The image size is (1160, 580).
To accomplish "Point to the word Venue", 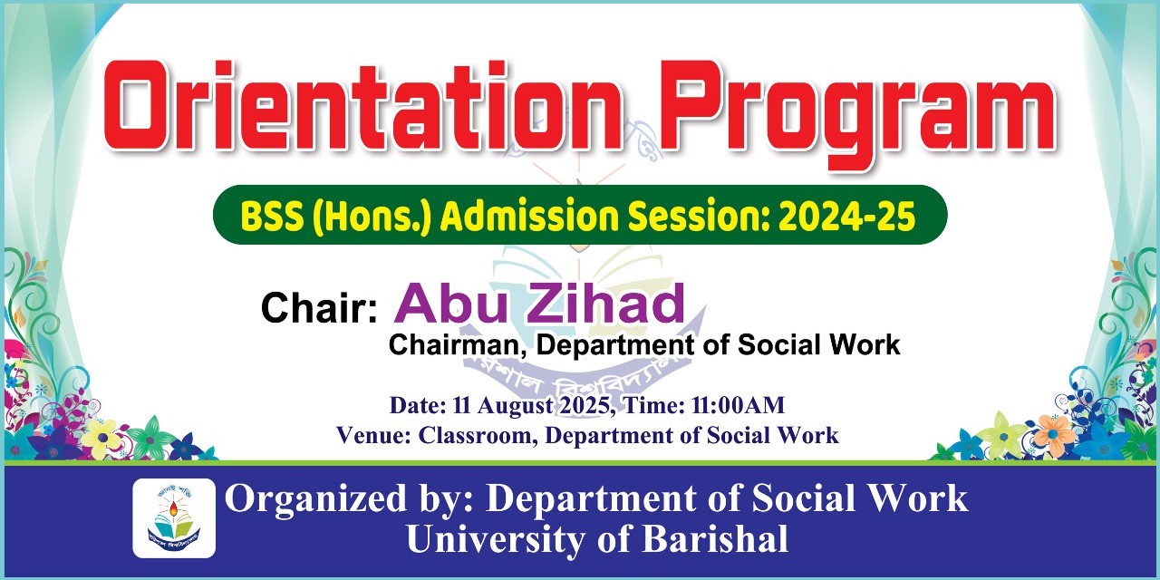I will [372, 435].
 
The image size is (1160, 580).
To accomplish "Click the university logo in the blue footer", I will [174, 517].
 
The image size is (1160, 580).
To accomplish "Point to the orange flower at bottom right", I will [1054, 433].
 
